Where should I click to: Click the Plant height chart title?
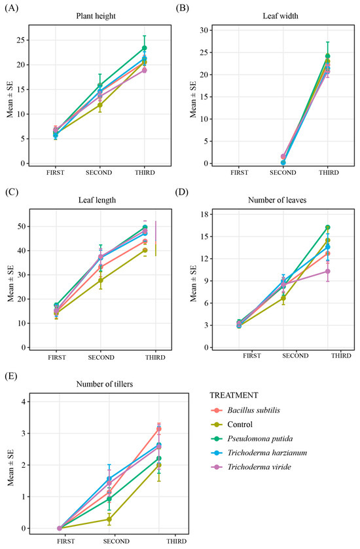pos(96,16)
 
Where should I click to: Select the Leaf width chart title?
pos(281,16)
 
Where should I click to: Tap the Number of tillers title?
pos(105,384)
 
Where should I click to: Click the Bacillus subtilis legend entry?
pos(254,410)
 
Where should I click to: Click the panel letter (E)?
pos(11,377)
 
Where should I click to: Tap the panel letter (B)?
pos(182,8)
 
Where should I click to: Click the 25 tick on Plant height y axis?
pos(21,40)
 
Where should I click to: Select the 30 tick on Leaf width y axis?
pos(204,30)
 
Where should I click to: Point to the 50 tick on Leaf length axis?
pos(21,226)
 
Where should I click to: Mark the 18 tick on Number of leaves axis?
pos(204,214)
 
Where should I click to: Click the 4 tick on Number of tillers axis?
pos(23,402)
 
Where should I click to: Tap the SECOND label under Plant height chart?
pos(99,172)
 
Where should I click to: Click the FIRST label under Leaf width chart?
pos(240,172)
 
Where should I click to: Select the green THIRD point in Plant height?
pos(144,48)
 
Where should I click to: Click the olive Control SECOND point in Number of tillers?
pos(109,520)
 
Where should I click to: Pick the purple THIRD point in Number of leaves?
pos(327,271)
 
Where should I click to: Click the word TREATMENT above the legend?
pos(234,395)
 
